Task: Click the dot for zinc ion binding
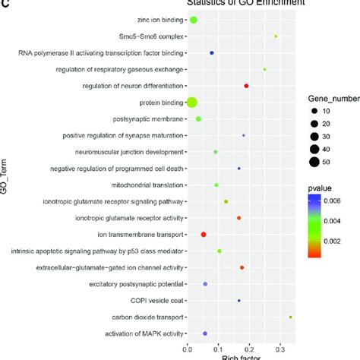[x=193, y=20]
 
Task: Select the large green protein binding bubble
[x=192, y=103]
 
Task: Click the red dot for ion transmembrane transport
[x=204, y=235]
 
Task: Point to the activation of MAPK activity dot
[x=205, y=333]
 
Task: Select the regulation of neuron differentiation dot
[x=246, y=86]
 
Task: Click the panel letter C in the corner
[x=5, y=4]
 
